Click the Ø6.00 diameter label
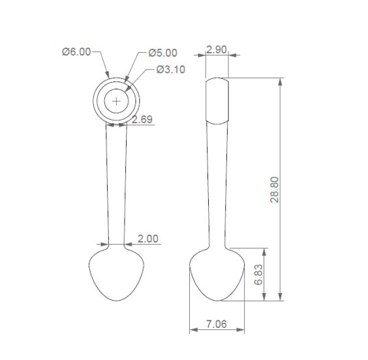[x=76, y=52]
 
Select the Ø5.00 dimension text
[x=162, y=53]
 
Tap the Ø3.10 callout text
[x=170, y=69]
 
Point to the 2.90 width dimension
[x=217, y=50]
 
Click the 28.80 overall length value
[x=274, y=190]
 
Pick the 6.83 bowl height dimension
[x=258, y=275]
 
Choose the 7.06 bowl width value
[x=217, y=324]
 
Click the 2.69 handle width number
[x=142, y=119]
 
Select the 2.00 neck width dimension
[x=148, y=239]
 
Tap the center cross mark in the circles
[x=116, y=101]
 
